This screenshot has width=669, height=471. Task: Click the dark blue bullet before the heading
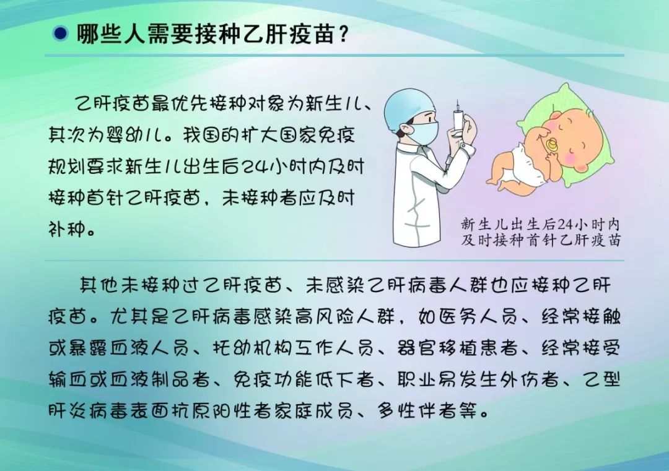point(60,33)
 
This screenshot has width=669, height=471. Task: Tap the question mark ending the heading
point(343,33)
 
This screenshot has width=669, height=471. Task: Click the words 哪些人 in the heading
point(111,33)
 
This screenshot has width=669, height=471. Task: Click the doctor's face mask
point(422,132)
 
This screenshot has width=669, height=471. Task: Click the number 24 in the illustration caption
point(564,223)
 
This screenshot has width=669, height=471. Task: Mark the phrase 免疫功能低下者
point(304,379)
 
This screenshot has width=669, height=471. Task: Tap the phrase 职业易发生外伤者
point(478,379)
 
